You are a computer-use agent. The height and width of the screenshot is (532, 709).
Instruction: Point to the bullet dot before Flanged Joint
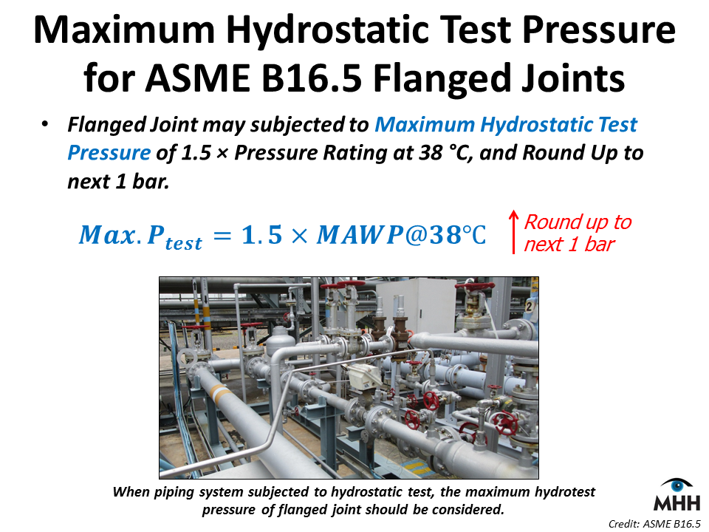pyautogui.click(x=46, y=126)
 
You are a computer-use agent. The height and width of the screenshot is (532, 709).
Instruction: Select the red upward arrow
pyautogui.click(x=512, y=233)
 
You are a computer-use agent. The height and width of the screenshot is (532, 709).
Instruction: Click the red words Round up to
pyautogui.click(x=578, y=222)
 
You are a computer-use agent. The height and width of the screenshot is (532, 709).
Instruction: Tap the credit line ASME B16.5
pyautogui.click(x=654, y=524)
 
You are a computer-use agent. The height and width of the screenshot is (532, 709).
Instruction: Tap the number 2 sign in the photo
pyautogui.click(x=528, y=306)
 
